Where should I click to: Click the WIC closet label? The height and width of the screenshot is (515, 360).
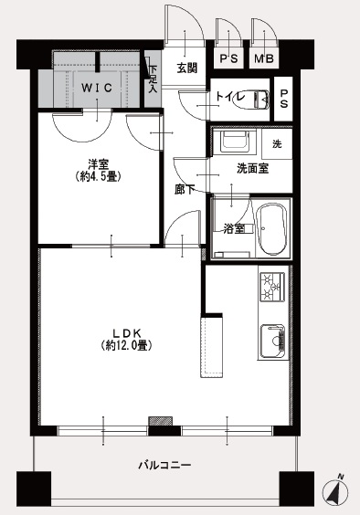pos(97,88)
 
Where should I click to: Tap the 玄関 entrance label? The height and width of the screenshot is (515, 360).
pos(186,68)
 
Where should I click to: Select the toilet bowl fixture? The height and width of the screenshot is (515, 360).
pos(251,100)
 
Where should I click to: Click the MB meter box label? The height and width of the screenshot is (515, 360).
pos(264,58)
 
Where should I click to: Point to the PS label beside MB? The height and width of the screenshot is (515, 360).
pos(228,58)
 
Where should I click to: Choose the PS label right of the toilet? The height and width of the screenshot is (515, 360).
pos(283,99)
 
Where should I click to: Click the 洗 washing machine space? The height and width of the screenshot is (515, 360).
pos(277,144)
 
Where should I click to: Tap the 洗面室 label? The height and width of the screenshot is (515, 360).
pos(252,168)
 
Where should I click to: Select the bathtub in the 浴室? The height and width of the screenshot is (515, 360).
pos(270,229)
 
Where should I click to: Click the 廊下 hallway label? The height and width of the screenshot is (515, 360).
pos(184,189)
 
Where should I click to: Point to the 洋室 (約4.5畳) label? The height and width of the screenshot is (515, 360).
pos(99,170)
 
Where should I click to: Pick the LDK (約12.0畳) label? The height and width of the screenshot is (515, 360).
pos(127,340)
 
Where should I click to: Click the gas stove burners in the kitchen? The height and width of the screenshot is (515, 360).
pos(272,287)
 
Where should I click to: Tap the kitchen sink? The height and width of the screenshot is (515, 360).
pos(272,342)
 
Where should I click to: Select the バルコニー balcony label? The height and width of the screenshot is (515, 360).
pos(164,465)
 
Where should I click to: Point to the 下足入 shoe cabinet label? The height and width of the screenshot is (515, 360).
pos(153,79)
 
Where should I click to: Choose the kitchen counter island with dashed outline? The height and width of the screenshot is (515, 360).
pos(211,346)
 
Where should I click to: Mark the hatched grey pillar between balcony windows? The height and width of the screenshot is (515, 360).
pos(161,421)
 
